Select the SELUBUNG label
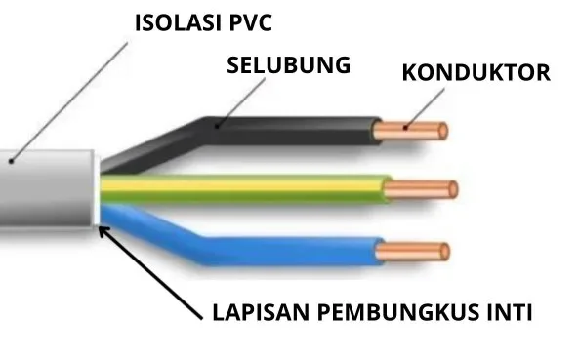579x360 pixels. point(288,66)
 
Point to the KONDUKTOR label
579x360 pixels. point(476,72)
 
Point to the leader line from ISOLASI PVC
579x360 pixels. point(68,98)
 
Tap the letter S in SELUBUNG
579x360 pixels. point(232,66)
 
